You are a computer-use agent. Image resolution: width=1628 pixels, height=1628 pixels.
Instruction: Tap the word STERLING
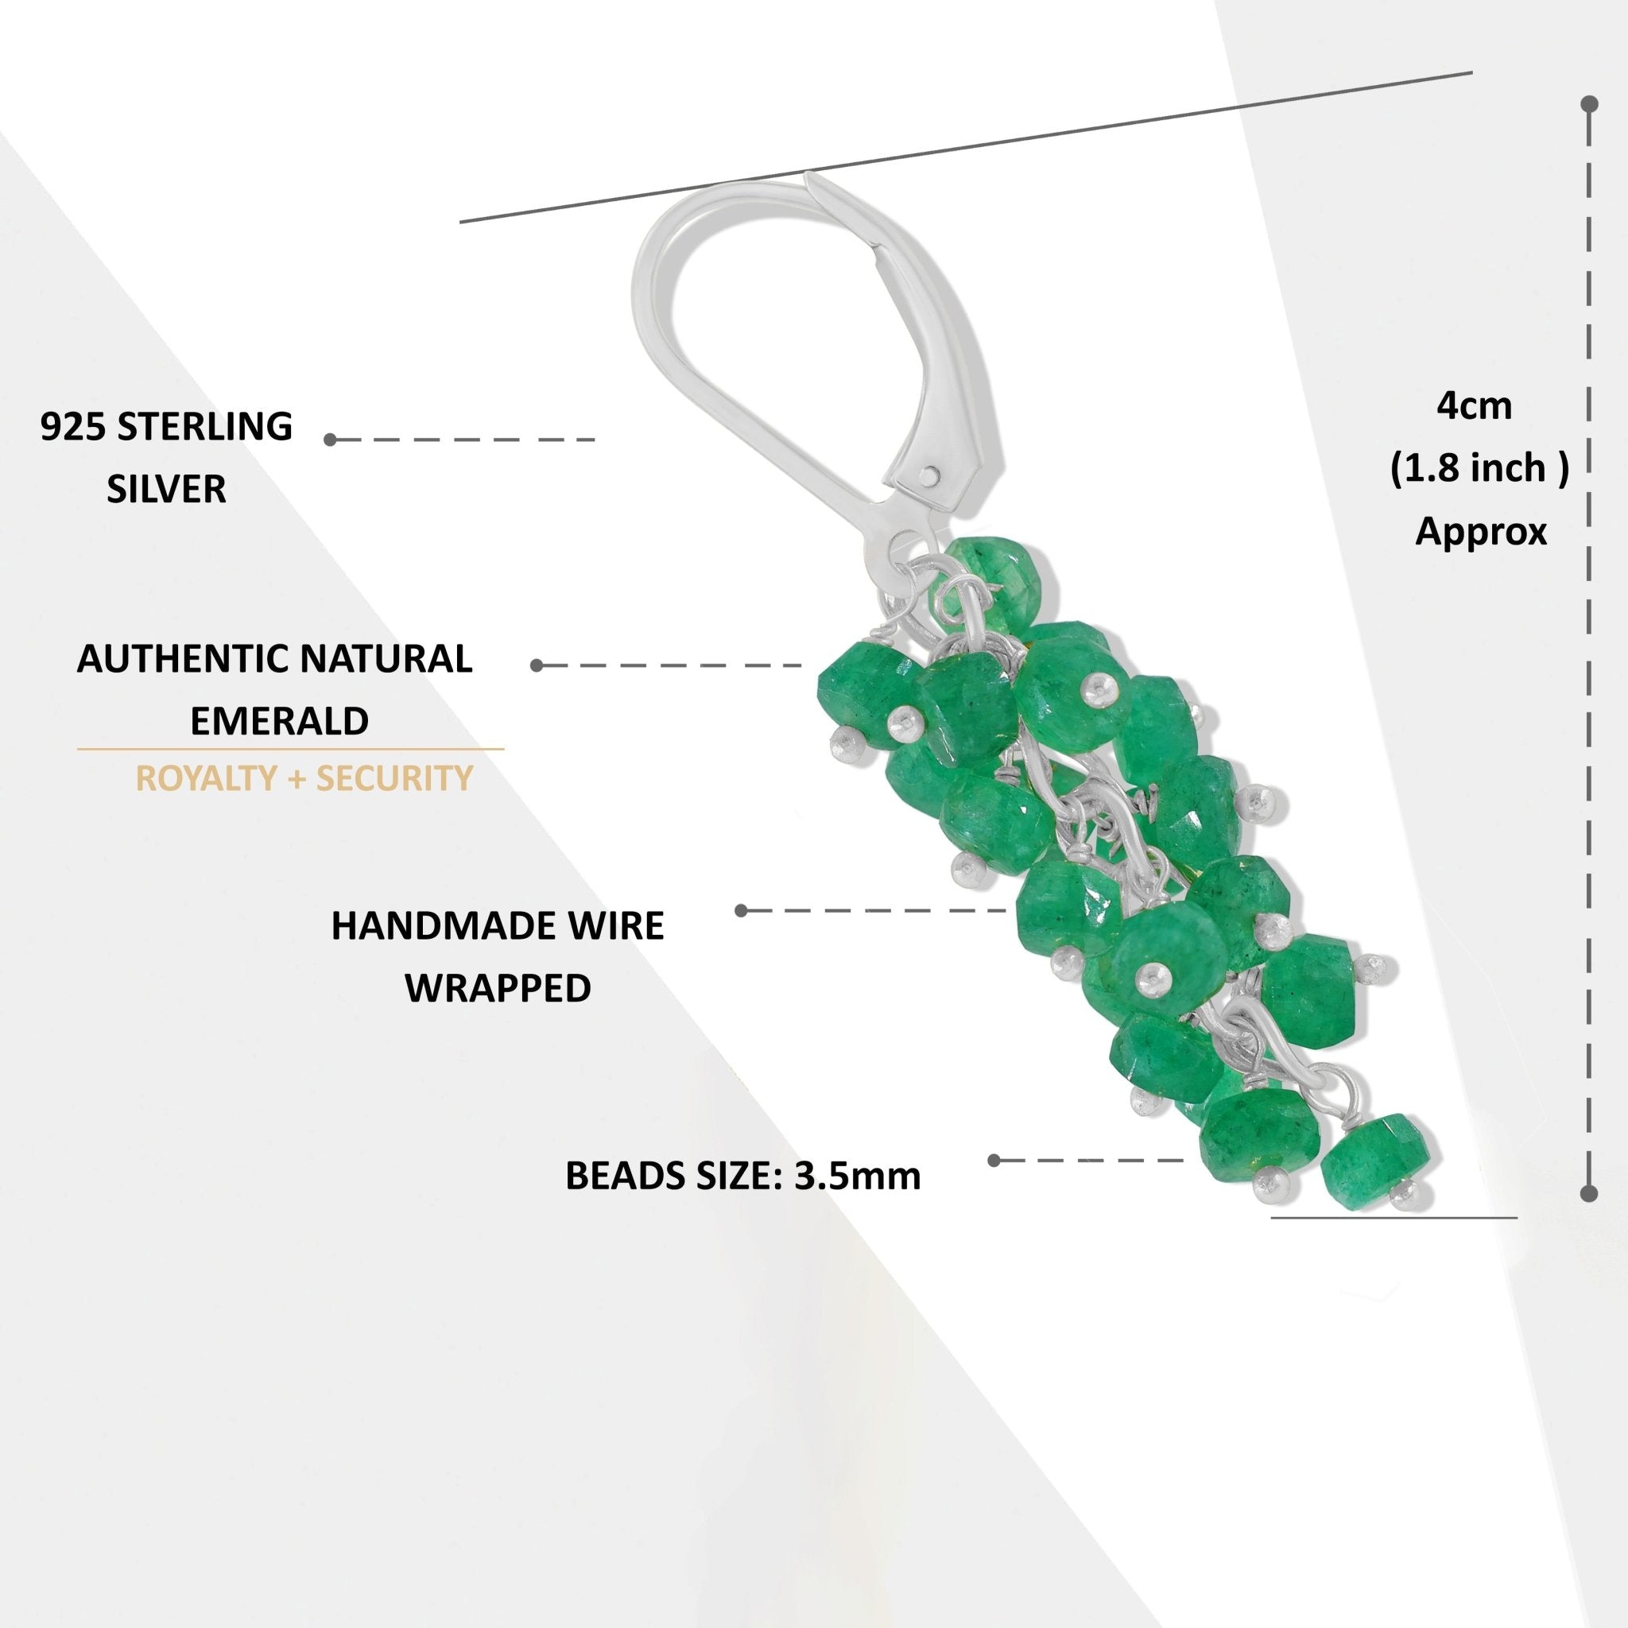pyautogui.click(x=205, y=426)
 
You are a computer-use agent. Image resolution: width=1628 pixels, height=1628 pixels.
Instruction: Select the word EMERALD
pyautogui.click(x=279, y=720)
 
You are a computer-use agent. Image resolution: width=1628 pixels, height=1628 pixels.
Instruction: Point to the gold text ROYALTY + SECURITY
pyautogui.click(x=304, y=777)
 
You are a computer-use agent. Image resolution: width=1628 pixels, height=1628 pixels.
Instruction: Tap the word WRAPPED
pyautogui.click(x=498, y=987)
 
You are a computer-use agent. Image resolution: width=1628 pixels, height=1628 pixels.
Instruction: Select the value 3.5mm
pyautogui.click(x=858, y=1176)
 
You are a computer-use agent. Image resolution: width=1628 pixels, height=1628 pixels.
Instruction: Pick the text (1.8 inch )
pyautogui.click(x=1479, y=468)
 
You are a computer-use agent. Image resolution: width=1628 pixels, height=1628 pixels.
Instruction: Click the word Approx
pyautogui.click(x=1480, y=531)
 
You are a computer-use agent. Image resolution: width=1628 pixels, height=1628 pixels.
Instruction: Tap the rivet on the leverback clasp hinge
pyautogui.click(x=929, y=475)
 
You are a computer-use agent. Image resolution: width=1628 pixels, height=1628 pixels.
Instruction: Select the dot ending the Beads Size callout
pyautogui.click(x=994, y=1161)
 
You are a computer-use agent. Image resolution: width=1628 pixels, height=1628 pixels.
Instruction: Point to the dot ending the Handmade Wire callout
pyautogui.click(x=742, y=910)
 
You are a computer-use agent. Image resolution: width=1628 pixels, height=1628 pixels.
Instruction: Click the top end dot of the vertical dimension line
pyautogui.click(x=1589, y=104)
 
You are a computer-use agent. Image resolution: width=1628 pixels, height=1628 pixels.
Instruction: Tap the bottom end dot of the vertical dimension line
pyautogui.click(x=1589, y=1193)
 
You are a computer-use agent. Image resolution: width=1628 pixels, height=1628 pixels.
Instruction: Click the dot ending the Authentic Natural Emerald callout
pyautogui.click(x=537, y=665)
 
